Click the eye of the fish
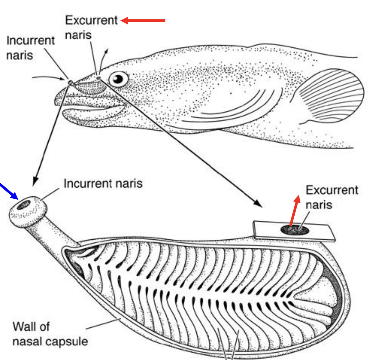click(x=118, y=78)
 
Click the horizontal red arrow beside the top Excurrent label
click(x=143, y=21)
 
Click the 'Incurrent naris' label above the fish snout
click(x=30, y=48)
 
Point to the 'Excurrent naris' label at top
click(x=91, y=27)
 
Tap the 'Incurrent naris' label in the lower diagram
click(x=103, y=183)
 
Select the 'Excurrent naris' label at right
click(x=331, y=197)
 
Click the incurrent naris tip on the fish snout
click(x=70, y=83)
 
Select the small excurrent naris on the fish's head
click(x=98, y=77)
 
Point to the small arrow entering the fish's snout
click(x=48, y=77)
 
